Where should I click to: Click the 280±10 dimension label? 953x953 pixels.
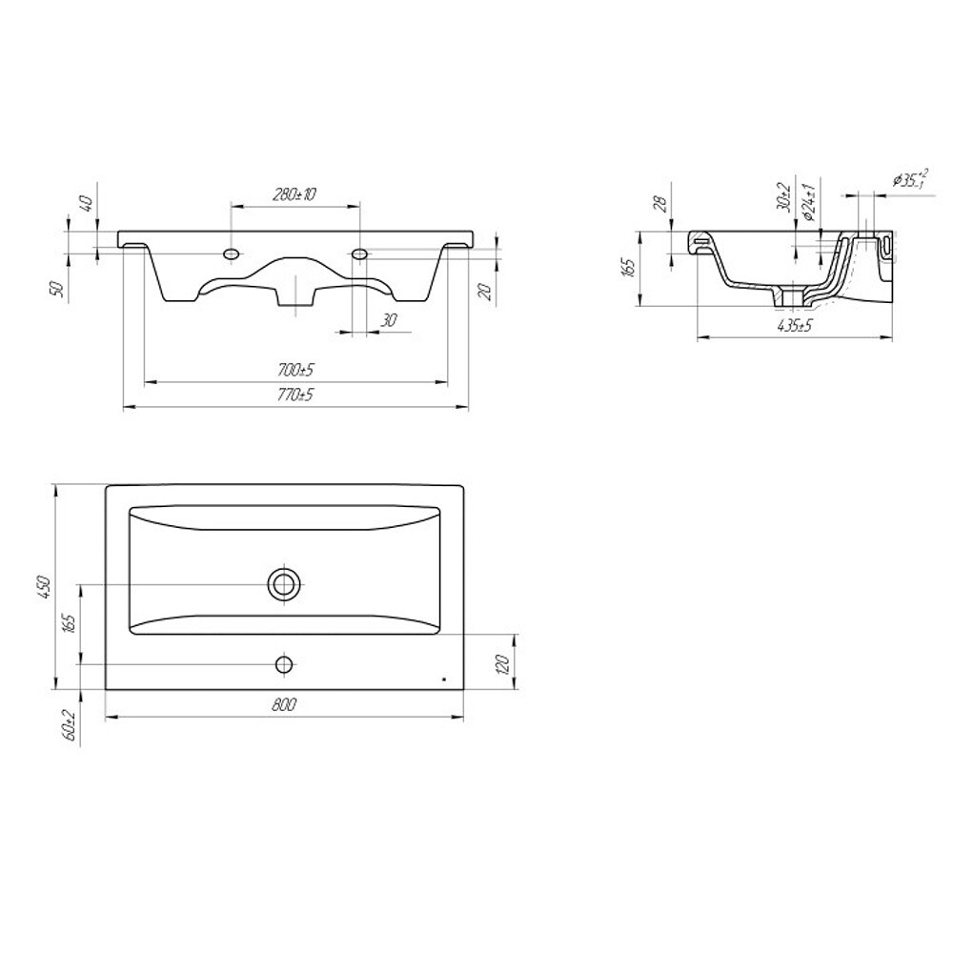pyautogui.click(x=294, y=194)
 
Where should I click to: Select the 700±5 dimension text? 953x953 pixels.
pyautogui.click(x=294, y=370)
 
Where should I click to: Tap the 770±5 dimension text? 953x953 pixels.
pyautogui.click(x=294, y=395)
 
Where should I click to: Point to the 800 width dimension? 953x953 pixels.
pyautogui.click(x=284, y=704)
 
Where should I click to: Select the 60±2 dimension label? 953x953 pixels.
pyautogui.click(x=70, y=725)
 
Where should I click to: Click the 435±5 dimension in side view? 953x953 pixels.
pyautogui.click(x=795, y=326)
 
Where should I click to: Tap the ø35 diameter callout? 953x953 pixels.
pyautogui.click(x=910, y=179)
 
